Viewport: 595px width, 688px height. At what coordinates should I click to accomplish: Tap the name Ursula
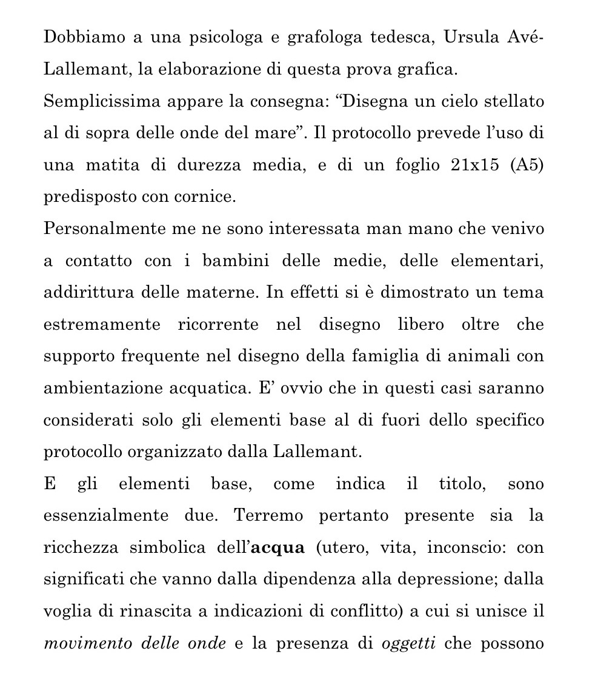[470, 38]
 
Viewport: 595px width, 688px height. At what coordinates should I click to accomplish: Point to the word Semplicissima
[97, 101]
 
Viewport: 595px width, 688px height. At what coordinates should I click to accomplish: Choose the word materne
[231, 293]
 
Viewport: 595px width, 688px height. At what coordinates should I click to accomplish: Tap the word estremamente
[102, 325]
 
